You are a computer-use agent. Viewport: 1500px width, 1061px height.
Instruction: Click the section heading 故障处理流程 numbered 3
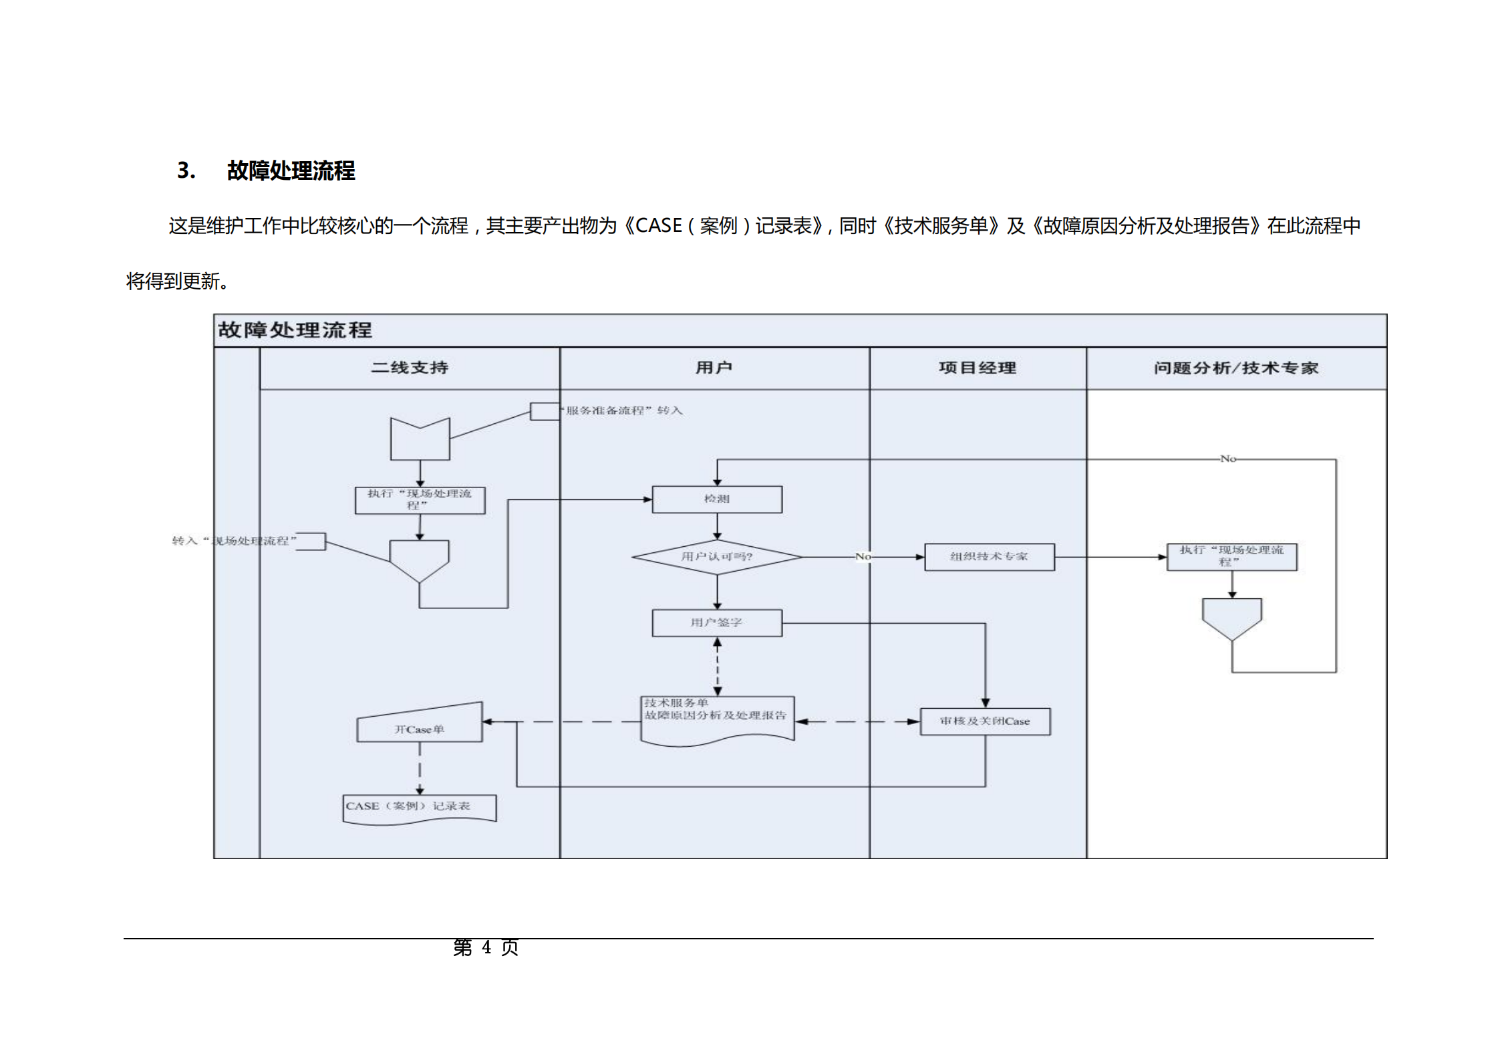click(x=291, y=170)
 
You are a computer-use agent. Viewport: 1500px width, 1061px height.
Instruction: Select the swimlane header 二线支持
click(x=409, y=368)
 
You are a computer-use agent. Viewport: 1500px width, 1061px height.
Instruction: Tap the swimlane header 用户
click(x=714, y=368)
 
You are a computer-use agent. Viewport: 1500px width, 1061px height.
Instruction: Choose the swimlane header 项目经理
click(x=977, y=368)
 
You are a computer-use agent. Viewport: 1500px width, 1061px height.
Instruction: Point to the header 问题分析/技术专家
click(x=1235, y=368)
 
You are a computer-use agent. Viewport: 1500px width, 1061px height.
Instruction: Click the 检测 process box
click(x=716, y=499)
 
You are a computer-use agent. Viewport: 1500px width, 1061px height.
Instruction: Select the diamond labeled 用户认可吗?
click(x=716, y=556)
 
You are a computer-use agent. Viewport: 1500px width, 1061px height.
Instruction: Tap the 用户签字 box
click(x=716, y=622)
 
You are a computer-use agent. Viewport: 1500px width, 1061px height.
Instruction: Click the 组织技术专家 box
click(x=989, y=556)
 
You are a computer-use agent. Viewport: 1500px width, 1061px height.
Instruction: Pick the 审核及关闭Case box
click(x=985, y=721)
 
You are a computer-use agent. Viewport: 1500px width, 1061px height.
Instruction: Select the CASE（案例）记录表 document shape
click(x=419, y=808)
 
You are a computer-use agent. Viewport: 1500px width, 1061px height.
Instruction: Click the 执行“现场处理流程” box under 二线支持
click(x=420, y=500)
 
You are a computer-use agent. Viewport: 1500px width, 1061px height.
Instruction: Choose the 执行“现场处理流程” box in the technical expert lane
click(x=1231, y=556)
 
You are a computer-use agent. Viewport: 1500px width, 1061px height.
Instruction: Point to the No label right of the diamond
click(x=863, y=556)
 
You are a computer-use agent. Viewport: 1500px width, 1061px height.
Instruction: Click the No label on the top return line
click(x=1227, y=459)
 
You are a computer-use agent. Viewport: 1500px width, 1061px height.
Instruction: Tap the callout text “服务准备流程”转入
click(x=623, y=410)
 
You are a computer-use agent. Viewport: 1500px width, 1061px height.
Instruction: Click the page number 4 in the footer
click(x=486, y=947)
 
